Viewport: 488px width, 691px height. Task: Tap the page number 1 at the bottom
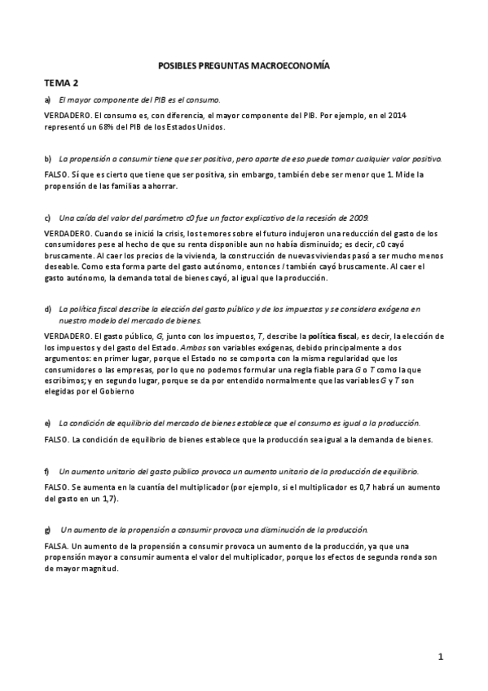pyautogui.click(x=439, y=656)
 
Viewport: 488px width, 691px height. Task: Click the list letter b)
pyautogui.click(x=48, y=157)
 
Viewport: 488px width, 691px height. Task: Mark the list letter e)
pyautogui.click(x=48, y=423)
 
